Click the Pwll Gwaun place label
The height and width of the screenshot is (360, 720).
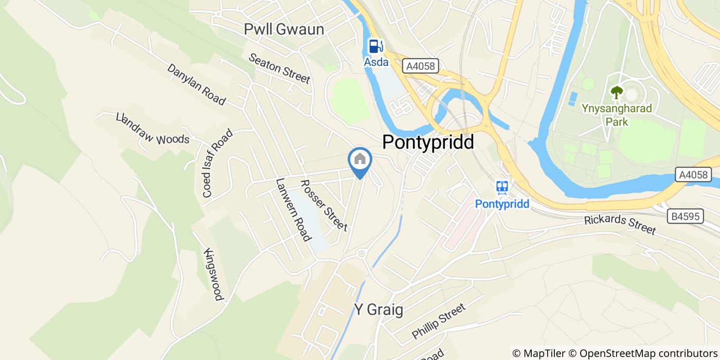tap(284, 30)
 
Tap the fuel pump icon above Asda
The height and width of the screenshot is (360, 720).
tap(376, 46)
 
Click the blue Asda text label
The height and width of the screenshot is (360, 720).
tap(376, 62)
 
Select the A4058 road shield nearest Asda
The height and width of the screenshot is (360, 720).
tap(420, 66)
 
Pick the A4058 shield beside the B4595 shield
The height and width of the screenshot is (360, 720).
tap(692, 175)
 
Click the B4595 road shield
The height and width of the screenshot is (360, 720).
tap(686, 217)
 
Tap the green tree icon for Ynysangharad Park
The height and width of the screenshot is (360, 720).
tap(616, 93)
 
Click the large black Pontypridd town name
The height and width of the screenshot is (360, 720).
tap(427, 142)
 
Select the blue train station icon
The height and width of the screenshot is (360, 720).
tap(502, 188)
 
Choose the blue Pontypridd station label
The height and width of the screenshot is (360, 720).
tap(502, 204)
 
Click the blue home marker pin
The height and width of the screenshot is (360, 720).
tap(360, 160)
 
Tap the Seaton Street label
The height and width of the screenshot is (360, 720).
tap(279, 68)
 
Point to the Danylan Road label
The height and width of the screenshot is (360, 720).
tap(196, 84)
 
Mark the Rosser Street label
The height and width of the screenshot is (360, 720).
tap(323, 205)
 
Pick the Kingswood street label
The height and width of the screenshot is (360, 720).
tap(213, 275)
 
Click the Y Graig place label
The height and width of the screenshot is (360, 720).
tap(378, 310)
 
